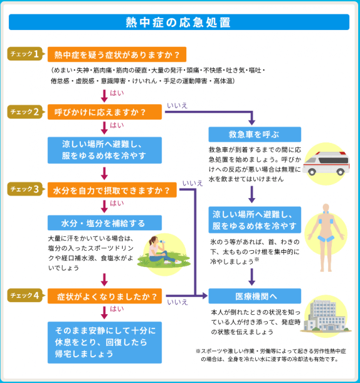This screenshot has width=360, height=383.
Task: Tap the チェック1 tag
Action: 25,54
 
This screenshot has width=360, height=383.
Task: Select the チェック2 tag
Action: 25,111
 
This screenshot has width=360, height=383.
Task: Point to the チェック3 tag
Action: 25,190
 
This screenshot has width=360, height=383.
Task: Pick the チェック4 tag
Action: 25,296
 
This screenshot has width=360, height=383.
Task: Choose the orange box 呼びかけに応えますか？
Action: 105,112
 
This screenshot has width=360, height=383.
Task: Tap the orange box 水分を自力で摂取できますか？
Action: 111,190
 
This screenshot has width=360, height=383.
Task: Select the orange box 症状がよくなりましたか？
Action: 105,296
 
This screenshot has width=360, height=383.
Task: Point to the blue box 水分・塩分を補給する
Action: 105,223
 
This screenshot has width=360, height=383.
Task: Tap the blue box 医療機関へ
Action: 255,296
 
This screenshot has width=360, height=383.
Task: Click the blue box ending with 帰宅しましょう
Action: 105,342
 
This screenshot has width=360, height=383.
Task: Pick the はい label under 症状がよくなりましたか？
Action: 117,309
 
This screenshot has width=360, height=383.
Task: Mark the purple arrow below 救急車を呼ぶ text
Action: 252,194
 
